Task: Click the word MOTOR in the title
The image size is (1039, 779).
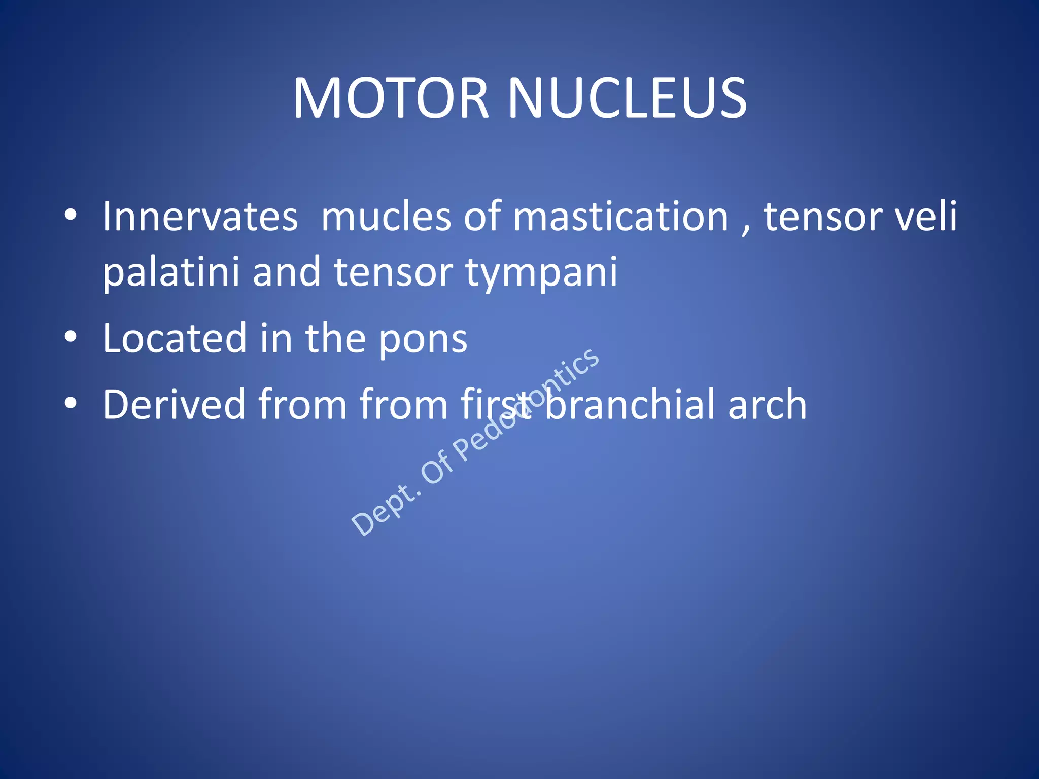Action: (x=391, y=98)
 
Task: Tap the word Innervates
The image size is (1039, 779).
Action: (x=200, y=217)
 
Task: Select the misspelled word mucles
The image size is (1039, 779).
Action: (x=386, y=217)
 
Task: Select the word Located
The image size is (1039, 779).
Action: (x=175, y=338)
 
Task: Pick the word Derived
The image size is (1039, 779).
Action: (x=174, y=404)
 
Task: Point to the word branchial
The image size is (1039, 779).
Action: (x=628, y=404)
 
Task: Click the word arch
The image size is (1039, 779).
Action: (x=767, y=404)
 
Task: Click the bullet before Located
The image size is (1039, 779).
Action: (x=71, y=337)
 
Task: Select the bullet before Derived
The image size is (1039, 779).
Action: (x=71, y=403)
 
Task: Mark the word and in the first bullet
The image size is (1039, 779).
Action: (x=287, y=272)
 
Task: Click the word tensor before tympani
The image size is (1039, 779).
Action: (x=393, y=273)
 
